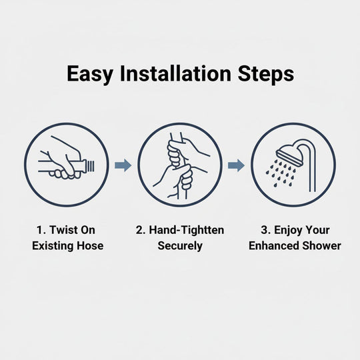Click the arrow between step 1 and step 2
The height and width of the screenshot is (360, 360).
point(123,165)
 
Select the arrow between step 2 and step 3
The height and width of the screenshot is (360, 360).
point(237,165)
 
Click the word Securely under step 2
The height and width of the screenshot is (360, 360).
point(180,245)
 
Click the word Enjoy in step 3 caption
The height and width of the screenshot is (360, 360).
point(289,230)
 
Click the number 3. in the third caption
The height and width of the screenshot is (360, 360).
point(265,230)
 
